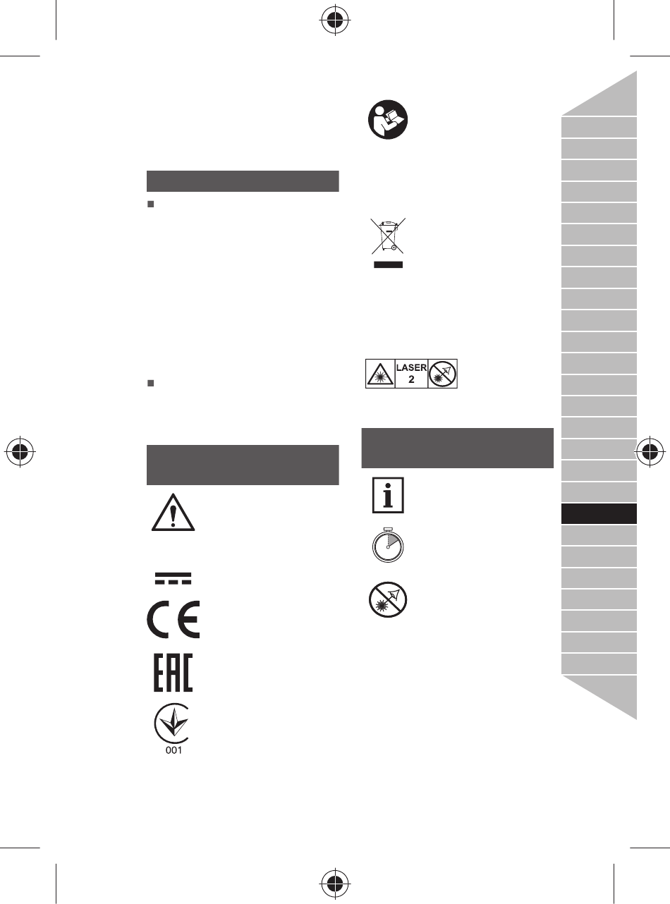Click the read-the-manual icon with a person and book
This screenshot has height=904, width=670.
pos(388,119)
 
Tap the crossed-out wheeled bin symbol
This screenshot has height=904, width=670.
pos(388,236)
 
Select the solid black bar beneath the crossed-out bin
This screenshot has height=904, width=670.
pos(388,265)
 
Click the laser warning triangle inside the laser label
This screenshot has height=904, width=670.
pos(380,374)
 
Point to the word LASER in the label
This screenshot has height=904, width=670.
pos(411,367)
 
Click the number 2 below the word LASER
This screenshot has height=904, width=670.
pos(411,379)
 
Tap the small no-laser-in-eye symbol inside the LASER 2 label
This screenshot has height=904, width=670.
pos(442,374)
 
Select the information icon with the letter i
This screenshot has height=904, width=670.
pos(388,495)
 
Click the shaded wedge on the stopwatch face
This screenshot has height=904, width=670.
pos(393,540)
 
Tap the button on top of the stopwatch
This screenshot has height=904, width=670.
pos(388,529)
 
